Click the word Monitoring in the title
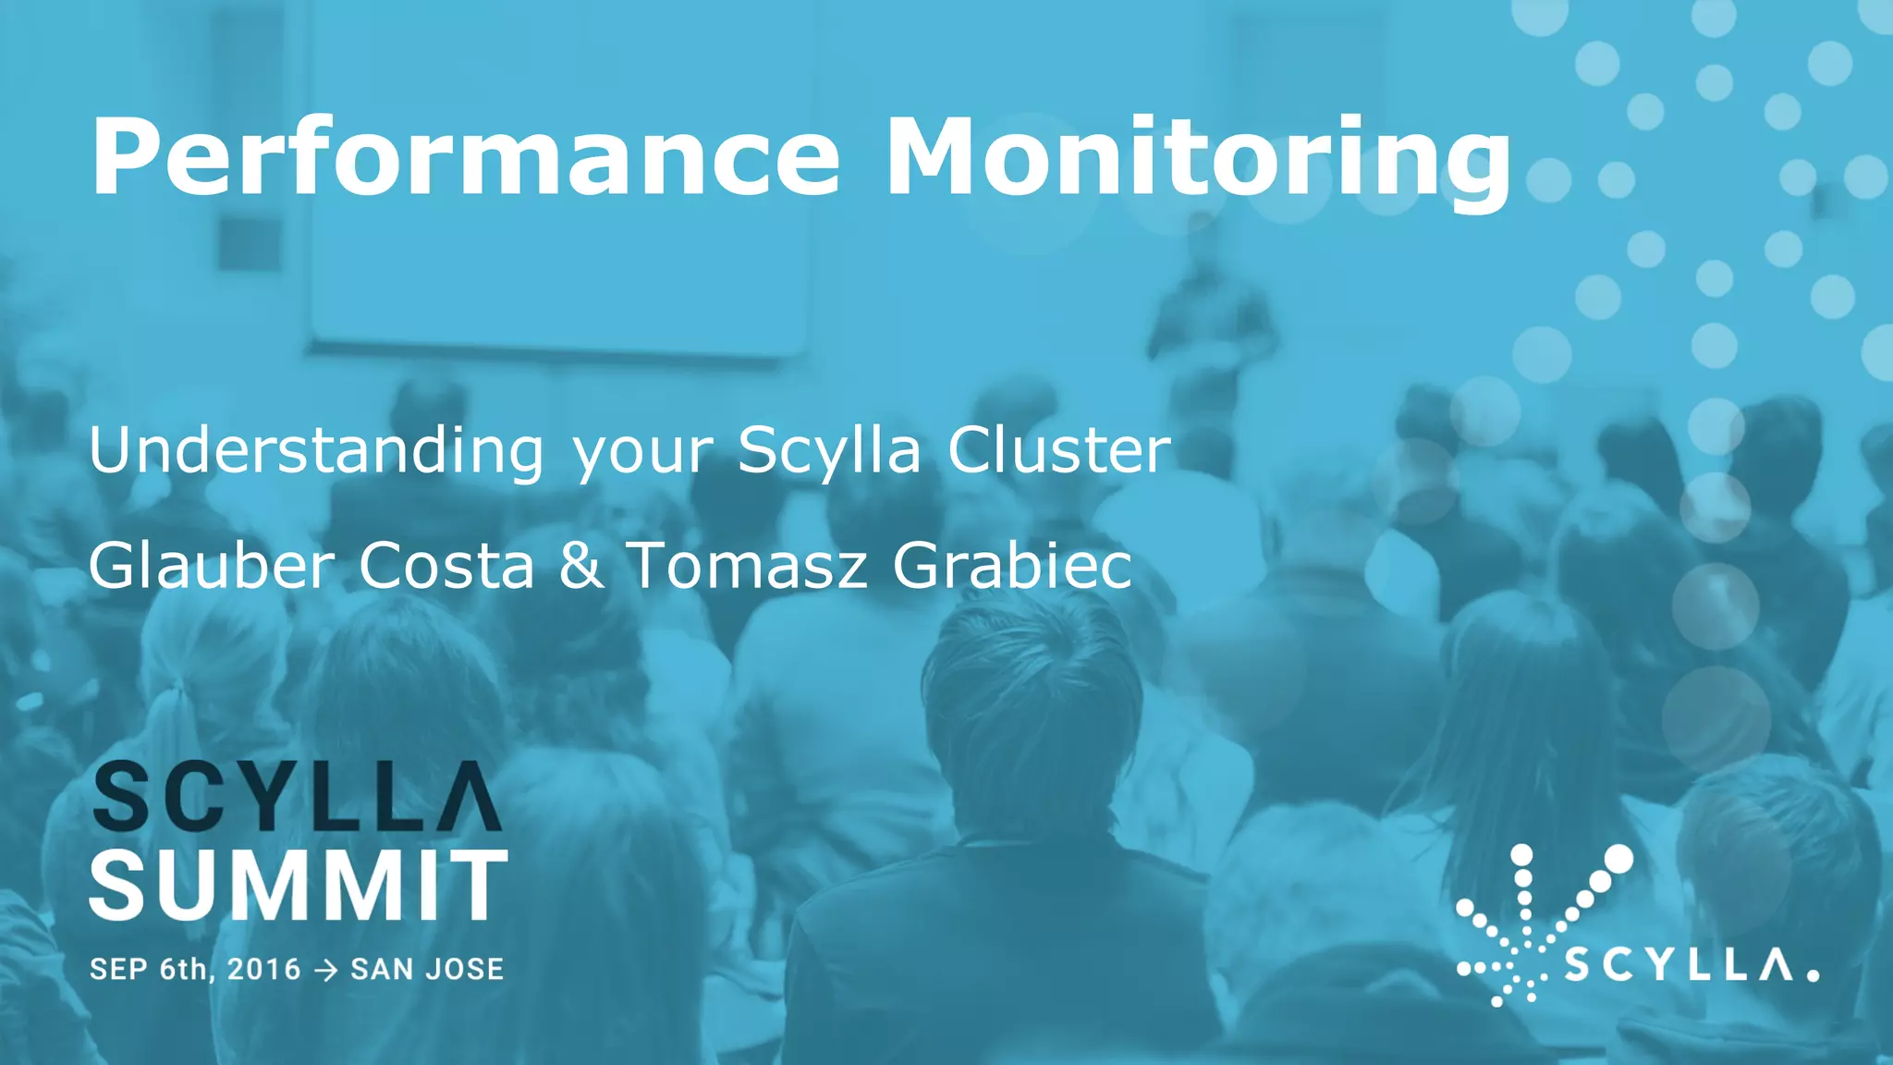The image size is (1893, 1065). pyautogui.click(x=1198, y=157)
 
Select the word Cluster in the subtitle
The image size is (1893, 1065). pyautogui.click(x=1058, y=452)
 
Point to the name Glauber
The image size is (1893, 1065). pyautogui.click(x=212, y=565)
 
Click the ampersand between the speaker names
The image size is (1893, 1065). pyautogui.click(x=580, y=565)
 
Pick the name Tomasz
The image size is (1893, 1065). pyautogui.click(x=747, y=565)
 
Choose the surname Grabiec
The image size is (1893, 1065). pyautogui.click(x=1012, y=565)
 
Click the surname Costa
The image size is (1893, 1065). pyautogui.click(x=446, y=565)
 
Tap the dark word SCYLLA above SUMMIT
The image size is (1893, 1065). pyautogui.click(x=297, y=796)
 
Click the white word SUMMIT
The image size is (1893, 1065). pyautogui.click(x=299, y=886)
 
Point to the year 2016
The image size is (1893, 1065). pyautogui.click(x=264, y=969)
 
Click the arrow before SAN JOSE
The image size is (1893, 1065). pyautogui.click(x=325, y=970)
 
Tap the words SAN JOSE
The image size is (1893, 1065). pyautogui.click(x=427, y=969)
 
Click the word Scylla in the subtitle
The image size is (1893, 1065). pyautogui.click(x=829, y=452)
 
